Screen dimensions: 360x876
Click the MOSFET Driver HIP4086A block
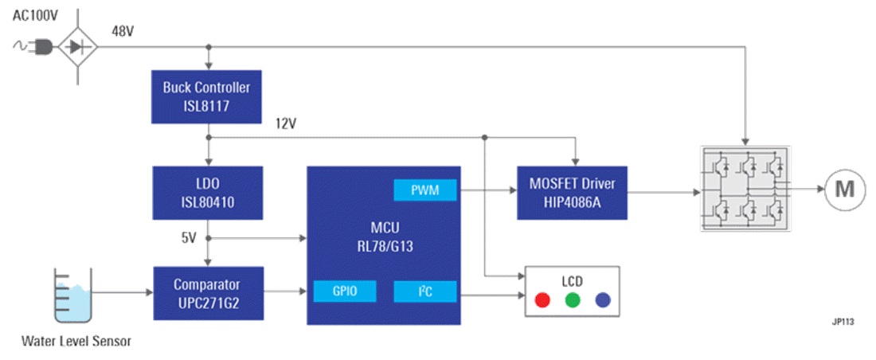coord(571,192)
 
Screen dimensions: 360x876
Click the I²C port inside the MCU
coord(425,292)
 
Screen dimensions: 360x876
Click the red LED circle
coord(542,300)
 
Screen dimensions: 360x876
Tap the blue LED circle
coord(603,300)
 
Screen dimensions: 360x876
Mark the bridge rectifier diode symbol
coord(77,48)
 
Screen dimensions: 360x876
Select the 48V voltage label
coord(122,31)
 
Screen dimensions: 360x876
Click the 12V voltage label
coord(286,123)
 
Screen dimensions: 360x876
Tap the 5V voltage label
coord(189,237)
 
